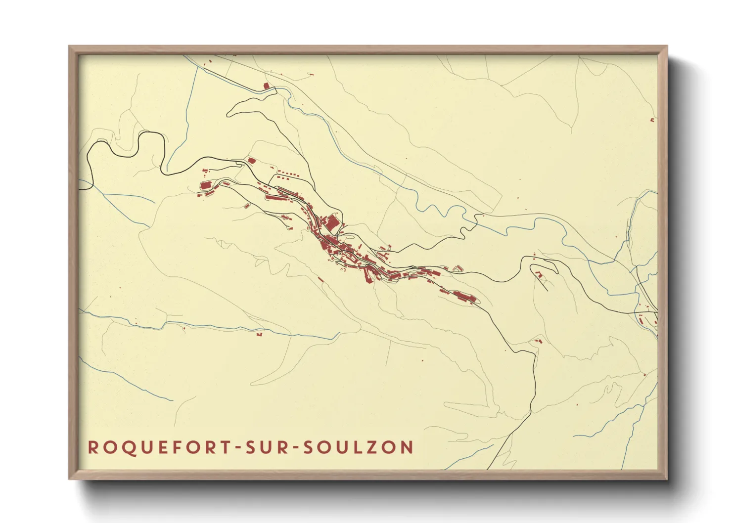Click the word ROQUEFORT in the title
click(158, 447)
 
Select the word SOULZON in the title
click(358, 447)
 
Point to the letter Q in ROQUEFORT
click(121, 448)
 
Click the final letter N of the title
click(407, 447)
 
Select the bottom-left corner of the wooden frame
click(70, 478)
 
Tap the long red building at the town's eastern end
click(464, 297)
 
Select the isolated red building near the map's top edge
click(266, 86)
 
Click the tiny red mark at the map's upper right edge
click(652, 120)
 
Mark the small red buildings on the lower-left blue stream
click(259, 334)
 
